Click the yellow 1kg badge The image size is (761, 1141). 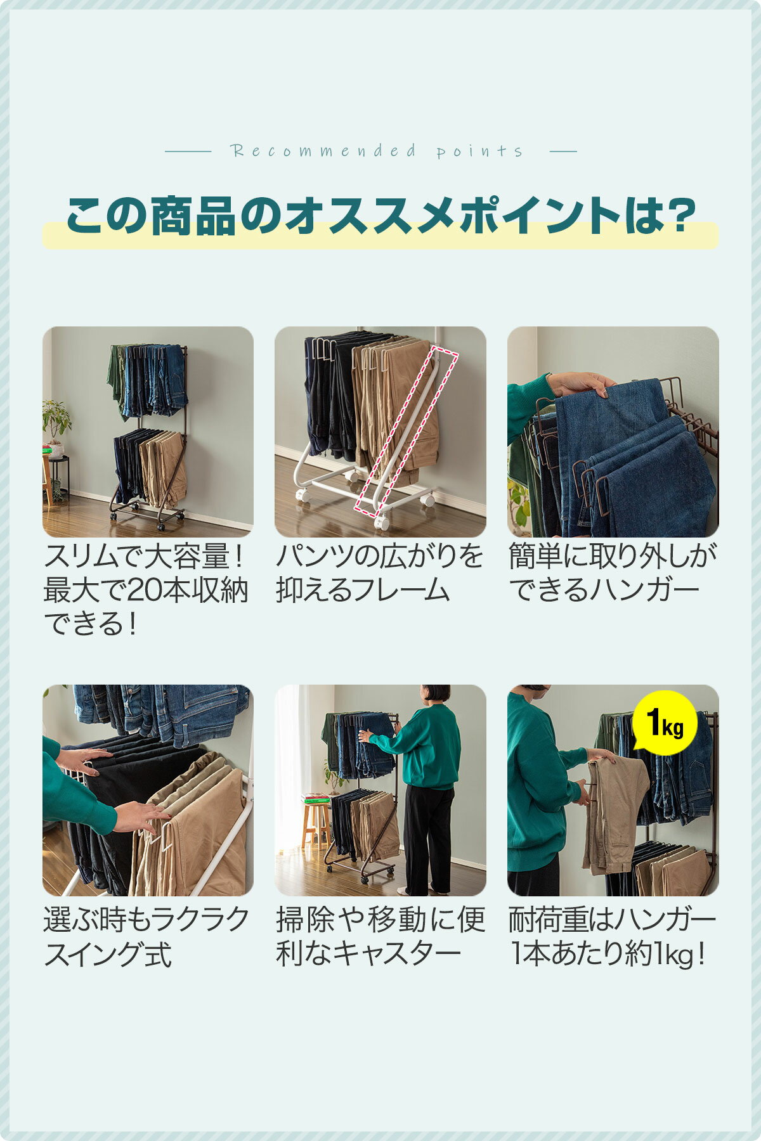point(665,723)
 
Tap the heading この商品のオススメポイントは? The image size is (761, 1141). point(380,216)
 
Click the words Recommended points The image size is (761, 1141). point(377,151)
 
